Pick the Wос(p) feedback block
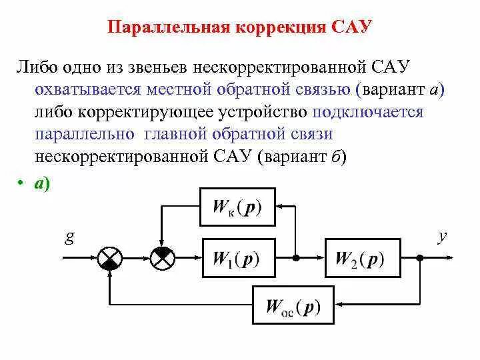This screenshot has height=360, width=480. tap(293, 306)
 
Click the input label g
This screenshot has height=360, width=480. tap(69, 237)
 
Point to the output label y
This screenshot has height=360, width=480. tap(441, 237)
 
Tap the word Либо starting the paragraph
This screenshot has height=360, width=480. tap(38, 68)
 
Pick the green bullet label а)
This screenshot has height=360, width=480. tap(42, 186)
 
